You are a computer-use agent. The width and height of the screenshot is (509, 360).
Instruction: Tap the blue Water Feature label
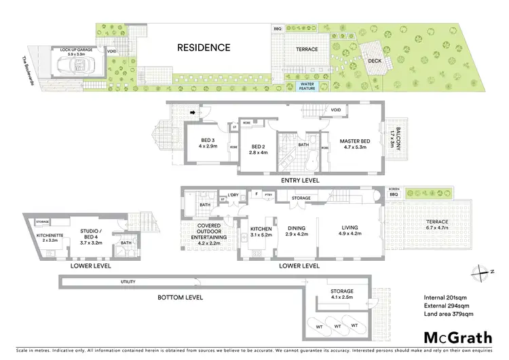tap(312, 86)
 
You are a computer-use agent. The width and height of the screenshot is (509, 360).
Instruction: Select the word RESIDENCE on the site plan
tap(204, 48)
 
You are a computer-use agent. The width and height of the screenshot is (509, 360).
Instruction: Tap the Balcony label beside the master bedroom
tap(392, 139)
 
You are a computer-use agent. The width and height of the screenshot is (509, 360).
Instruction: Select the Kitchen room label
tap(261, 231)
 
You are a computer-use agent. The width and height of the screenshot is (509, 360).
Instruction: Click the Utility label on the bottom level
tap(128, 281)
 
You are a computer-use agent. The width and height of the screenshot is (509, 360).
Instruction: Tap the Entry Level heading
tap(280, 181)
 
